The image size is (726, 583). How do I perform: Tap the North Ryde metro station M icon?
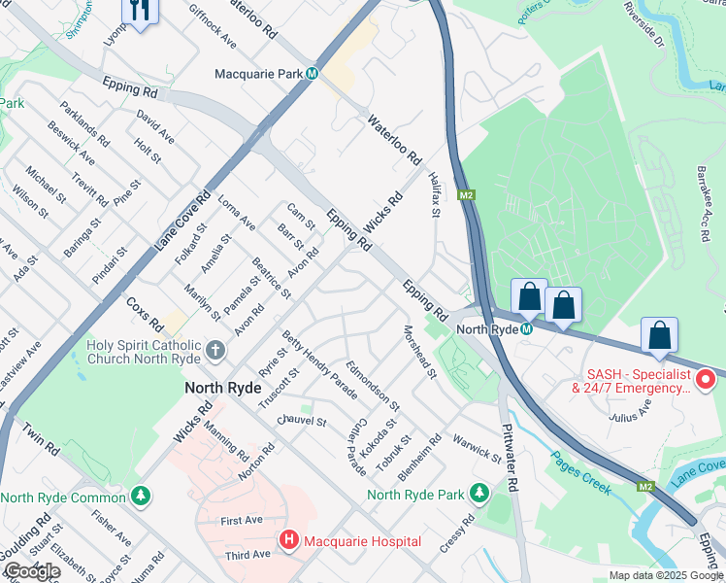[525, 329]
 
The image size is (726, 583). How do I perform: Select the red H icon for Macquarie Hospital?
[288, 540]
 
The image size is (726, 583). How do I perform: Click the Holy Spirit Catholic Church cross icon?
[214, 349]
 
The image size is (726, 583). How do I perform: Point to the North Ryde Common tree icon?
[142, 497]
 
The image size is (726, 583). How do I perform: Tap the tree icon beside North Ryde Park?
[478, 495]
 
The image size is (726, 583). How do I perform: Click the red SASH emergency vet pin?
[707, 378]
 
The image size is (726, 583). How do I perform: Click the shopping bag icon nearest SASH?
[659, 334]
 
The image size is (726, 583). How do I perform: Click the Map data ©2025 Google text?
[665, 575]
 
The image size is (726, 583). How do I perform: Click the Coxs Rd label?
[144, 313]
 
